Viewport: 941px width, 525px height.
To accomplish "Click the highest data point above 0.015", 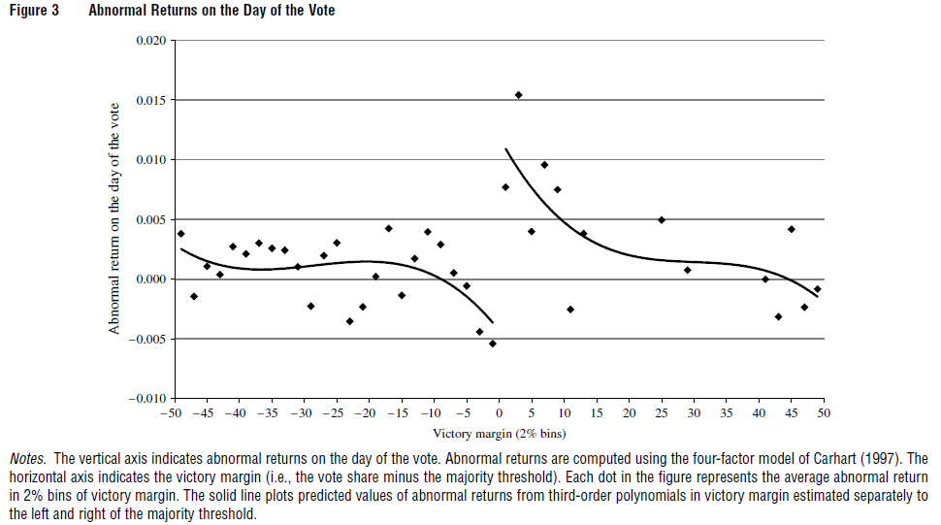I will click(x=518, y=95).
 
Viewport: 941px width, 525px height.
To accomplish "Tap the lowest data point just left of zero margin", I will click(x=493, y=344).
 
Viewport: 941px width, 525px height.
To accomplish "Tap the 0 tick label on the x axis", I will click(x=499, y=413).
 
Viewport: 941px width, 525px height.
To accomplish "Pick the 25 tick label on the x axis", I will click(x=661, y=413).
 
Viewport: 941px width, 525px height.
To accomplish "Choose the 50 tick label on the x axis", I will click(x=824, y=413).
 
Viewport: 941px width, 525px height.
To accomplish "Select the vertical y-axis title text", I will click(x=114, y=219).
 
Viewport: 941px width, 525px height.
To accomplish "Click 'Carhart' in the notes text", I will click(x=813, y=458).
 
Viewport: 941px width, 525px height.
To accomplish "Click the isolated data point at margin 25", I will click(x=662, y=220).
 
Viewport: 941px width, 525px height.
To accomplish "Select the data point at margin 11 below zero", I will click(x=570, y=310).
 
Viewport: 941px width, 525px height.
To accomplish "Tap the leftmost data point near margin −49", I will click(x=180, y=234).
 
